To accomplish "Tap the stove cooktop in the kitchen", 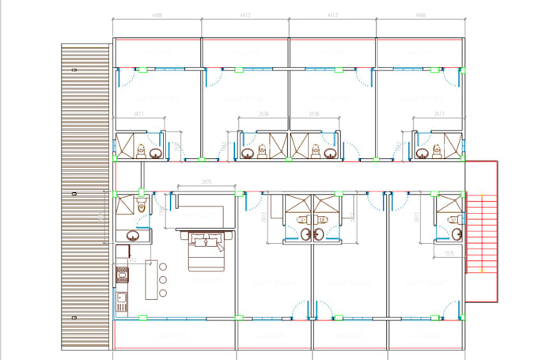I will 123,276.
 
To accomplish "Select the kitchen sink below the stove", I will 122,301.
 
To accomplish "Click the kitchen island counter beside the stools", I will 151,279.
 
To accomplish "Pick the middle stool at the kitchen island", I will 163,279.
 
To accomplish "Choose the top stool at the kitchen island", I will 163,267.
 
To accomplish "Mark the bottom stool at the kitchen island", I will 163,292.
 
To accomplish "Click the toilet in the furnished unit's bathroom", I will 142,207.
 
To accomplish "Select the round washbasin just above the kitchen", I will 131,235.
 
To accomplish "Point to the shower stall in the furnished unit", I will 125,207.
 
